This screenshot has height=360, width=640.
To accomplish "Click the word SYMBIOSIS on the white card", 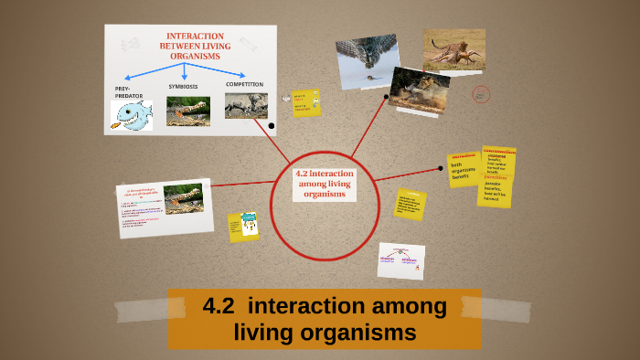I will click(x=183, y=88).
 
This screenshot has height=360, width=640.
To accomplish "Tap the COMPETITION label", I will click(x=244, y=84).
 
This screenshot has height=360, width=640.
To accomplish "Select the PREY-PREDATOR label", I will click(x=129, y=91).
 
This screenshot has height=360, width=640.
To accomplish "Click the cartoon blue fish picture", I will click(x=132, y=114).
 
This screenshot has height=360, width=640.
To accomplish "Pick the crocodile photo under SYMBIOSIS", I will click(x=187, y=111).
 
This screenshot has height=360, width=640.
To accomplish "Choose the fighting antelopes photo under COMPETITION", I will click(x=246, y=106).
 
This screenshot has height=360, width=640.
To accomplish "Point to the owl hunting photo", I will click(x=367, y=61).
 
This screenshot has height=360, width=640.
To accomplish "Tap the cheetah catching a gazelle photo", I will click(x=453, y=49).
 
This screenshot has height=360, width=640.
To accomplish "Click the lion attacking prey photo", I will click(x=419, y=88).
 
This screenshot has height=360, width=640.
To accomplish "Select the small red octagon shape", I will click(x=482, y=94).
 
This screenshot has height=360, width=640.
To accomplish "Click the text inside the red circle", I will click(x=325, y=183).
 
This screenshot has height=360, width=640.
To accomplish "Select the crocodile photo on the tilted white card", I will click(x=183, y=198).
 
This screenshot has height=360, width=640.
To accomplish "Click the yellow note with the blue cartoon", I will click(x=244, y=226).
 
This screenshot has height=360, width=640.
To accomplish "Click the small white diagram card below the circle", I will click(x=400, y=259).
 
